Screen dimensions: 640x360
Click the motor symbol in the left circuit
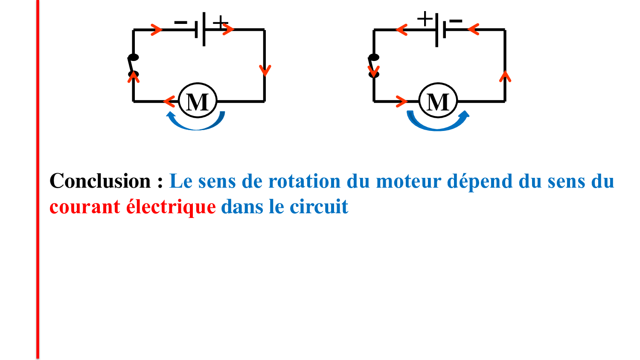tap(198, 101)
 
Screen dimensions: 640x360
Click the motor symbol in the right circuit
tap(438, 101)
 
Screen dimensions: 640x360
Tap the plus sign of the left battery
tap(220, 23)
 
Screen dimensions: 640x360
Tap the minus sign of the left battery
tap(180, 22)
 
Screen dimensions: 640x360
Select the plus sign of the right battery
tap(425, 19)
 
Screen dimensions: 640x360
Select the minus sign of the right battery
tap(455, 21)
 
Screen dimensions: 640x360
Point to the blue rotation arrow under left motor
tap(196, 121)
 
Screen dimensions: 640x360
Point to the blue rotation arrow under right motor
tap(438, 121)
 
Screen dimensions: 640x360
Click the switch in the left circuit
tap(133, 66)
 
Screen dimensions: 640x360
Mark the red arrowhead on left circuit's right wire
tap(265, 70)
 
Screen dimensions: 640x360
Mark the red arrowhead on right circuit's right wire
tap(505, 76)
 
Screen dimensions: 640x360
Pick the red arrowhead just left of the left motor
tap(169, 102)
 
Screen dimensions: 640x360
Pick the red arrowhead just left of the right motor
tap(402, 102)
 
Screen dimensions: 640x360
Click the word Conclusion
tap(100, 181)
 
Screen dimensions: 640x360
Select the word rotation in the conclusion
tap(304, 181)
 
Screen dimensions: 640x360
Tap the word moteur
tap(409, 181)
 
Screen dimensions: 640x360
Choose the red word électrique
tap(171, 206)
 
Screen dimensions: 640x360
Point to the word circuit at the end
tap(319, 206)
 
